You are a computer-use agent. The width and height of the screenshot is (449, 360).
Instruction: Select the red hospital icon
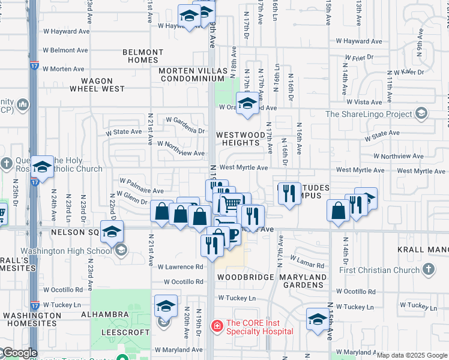pyautogui.click(x=216, y=327)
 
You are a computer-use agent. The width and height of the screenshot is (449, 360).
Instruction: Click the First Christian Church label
pyautogui.click(x=381, y=270)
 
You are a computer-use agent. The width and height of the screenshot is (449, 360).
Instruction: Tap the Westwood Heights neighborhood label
pyautogui.click(x=241, y=139)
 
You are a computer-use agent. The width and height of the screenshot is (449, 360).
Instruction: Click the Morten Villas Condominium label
pyautogui.click(x=193, y=74)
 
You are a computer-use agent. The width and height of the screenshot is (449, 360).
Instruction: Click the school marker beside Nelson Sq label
pyautogui.click(x=112, y=232)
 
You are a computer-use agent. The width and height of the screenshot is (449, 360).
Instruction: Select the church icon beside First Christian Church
pyautogui.click(x=428, y=270)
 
